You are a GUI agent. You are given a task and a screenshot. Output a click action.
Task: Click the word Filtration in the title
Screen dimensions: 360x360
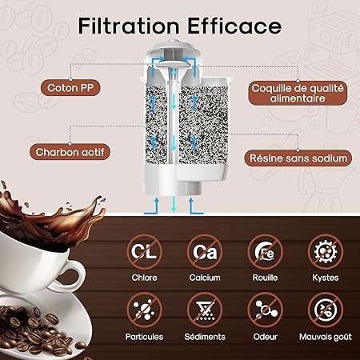coord(129,26)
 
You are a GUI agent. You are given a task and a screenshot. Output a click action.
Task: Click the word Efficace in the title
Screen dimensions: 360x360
coord(234,26)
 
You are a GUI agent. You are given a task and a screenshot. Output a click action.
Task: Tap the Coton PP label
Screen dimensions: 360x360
coord(70,88)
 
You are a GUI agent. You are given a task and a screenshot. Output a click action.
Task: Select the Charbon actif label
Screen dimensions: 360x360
coord(70,152)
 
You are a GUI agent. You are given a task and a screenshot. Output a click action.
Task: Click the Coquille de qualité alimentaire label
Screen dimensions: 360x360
coord(298,93)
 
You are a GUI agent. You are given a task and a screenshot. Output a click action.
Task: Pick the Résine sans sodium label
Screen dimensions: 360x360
coord(298,158)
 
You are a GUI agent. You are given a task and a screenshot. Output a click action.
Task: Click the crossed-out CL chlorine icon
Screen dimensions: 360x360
coord(144,252)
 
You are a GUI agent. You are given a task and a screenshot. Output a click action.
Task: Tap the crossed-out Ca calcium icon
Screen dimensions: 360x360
coord(205,252)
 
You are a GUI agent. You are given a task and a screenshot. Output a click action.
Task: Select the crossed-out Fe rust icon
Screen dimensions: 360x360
coord(265,252)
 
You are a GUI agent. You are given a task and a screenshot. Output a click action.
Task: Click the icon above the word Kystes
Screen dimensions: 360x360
coord(326,252)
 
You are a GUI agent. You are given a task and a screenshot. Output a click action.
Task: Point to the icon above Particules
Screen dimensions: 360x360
coord(144,310)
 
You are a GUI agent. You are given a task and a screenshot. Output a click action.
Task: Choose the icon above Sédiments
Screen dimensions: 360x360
coord(205,310)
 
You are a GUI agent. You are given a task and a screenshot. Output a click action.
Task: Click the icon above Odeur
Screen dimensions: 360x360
coord(265,310)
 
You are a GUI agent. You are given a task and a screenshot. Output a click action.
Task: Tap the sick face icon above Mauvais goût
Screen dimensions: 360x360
coord(326,310)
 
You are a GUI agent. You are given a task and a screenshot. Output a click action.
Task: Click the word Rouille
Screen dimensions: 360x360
coord(265,278)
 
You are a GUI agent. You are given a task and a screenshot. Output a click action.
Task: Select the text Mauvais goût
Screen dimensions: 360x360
coord(326,337)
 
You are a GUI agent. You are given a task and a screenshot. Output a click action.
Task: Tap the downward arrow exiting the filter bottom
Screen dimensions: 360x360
coord(174,204)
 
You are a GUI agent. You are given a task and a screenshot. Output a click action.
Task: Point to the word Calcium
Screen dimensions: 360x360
coord(205,278)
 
